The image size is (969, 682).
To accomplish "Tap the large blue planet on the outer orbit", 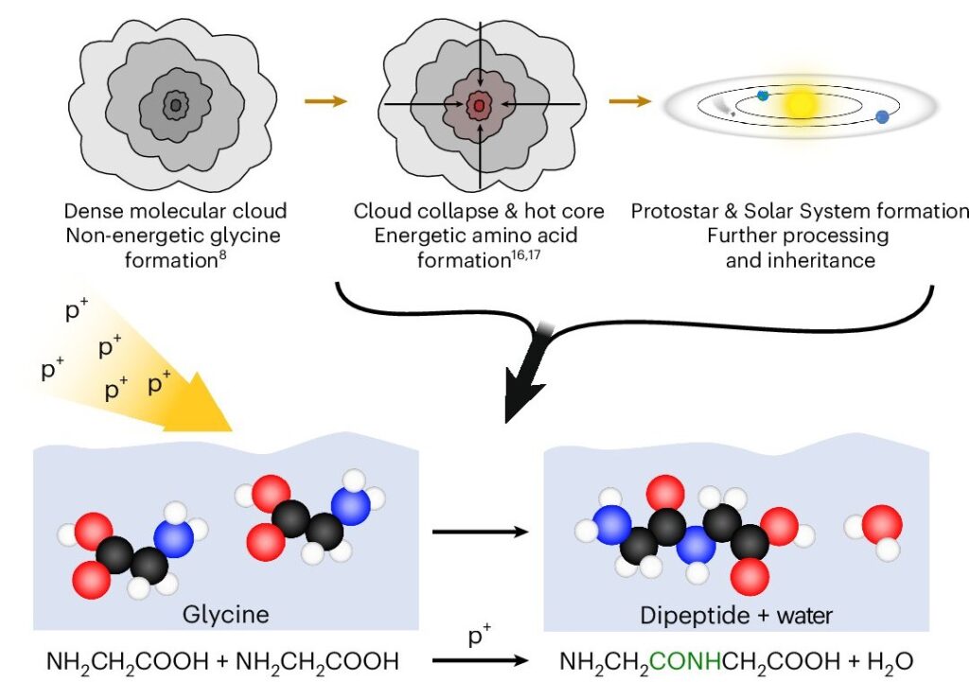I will [882, 116].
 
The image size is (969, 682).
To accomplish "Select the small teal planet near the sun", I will [763, 95].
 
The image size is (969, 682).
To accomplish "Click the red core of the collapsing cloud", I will [480, 104].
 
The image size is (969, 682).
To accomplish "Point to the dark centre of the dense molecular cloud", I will [175, 104].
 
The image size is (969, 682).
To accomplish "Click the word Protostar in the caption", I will [669, 210].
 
